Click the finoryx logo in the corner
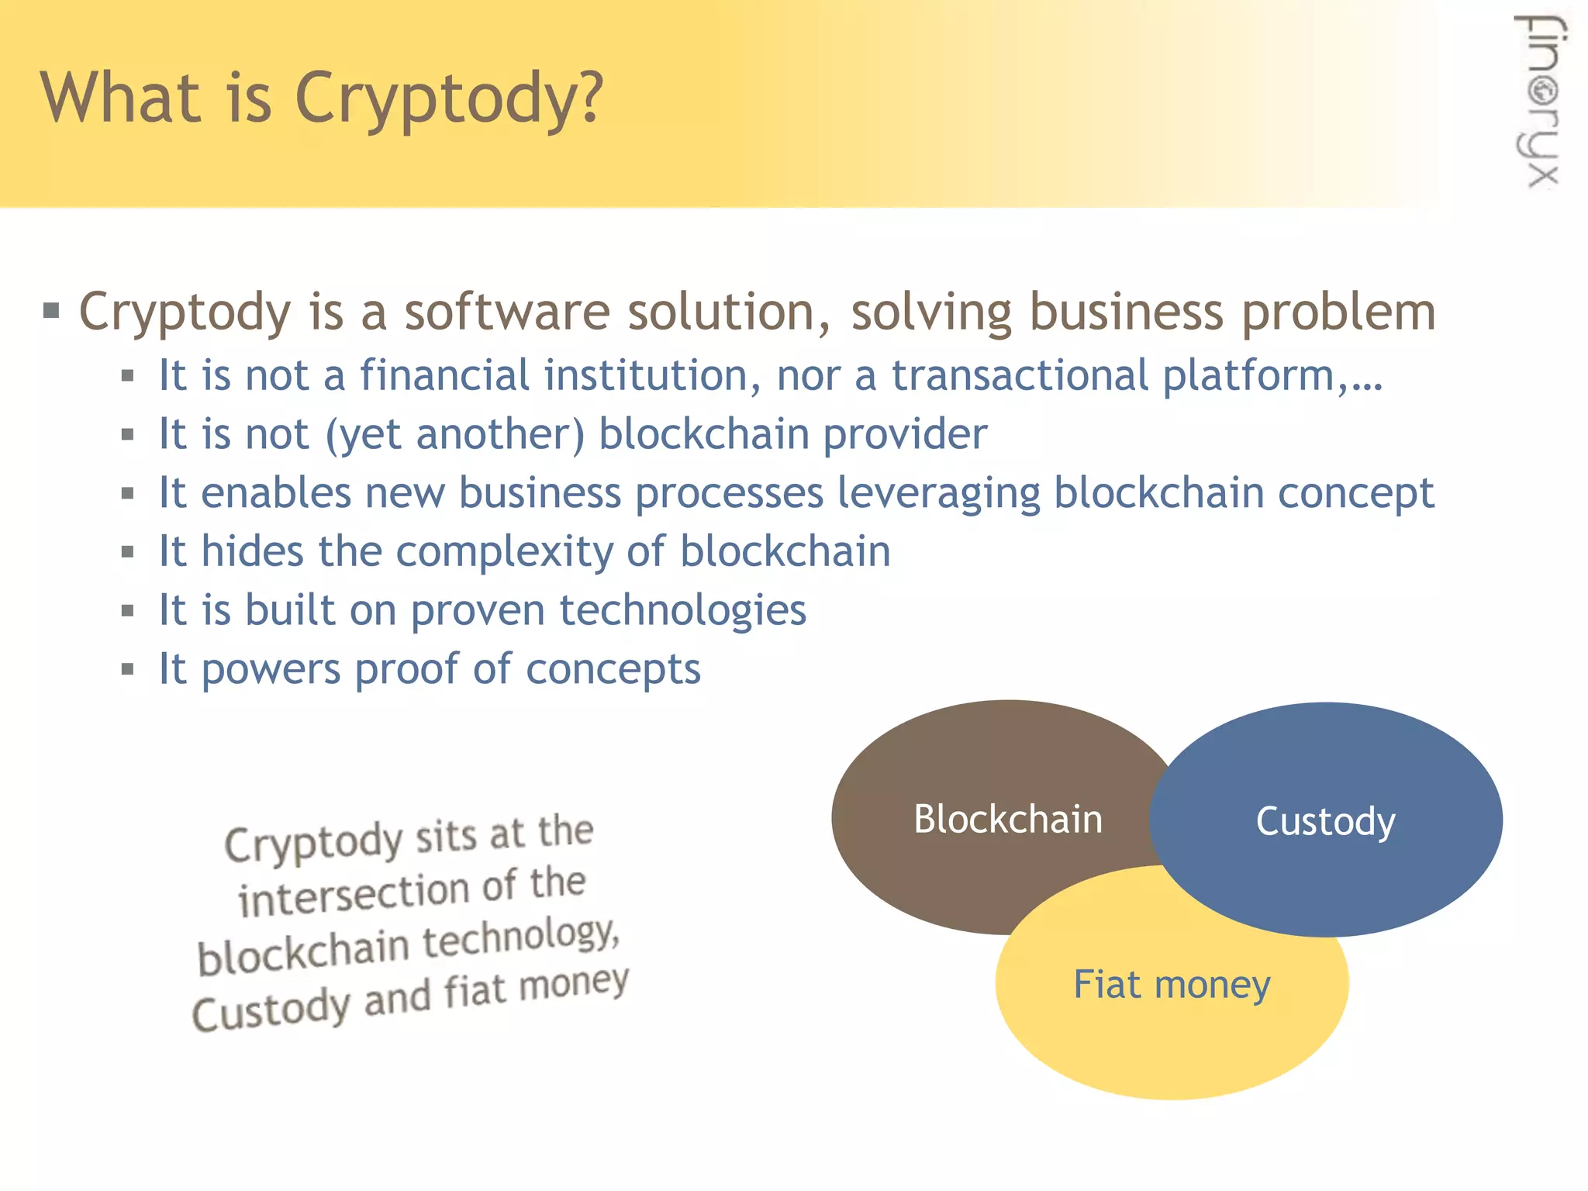pyautogui.click(x=1541, y=102)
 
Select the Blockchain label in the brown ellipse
pyautogui.click(x=1007, y=820)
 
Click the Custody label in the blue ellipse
pyautogui.click(x=1325, y=821)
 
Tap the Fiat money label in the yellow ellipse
pyautogui.click(x=1172, y=985)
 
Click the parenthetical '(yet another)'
pyautogui.click(x=454, y=434)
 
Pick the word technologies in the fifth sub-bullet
pyautogui.click(x=682, y=610)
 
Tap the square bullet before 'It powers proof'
pyautogui.click(x=128, y=669)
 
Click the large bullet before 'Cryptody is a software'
pyautogui.click(x=51, y=312)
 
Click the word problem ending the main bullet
pyautogui.click(x=1338, y=312)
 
